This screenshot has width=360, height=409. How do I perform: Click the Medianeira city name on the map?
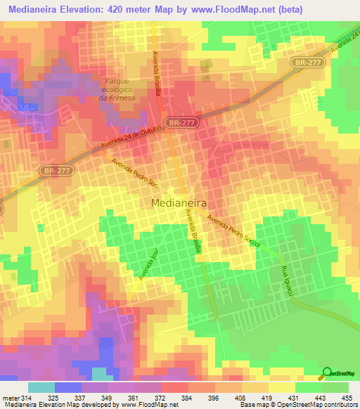point(179,202)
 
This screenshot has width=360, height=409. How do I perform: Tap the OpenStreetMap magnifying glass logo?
point(328,372)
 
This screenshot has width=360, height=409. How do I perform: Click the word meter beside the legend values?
point(10,398)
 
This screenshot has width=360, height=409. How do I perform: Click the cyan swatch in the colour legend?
point(41,387)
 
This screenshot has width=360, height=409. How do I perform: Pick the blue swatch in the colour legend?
point(67,387)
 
